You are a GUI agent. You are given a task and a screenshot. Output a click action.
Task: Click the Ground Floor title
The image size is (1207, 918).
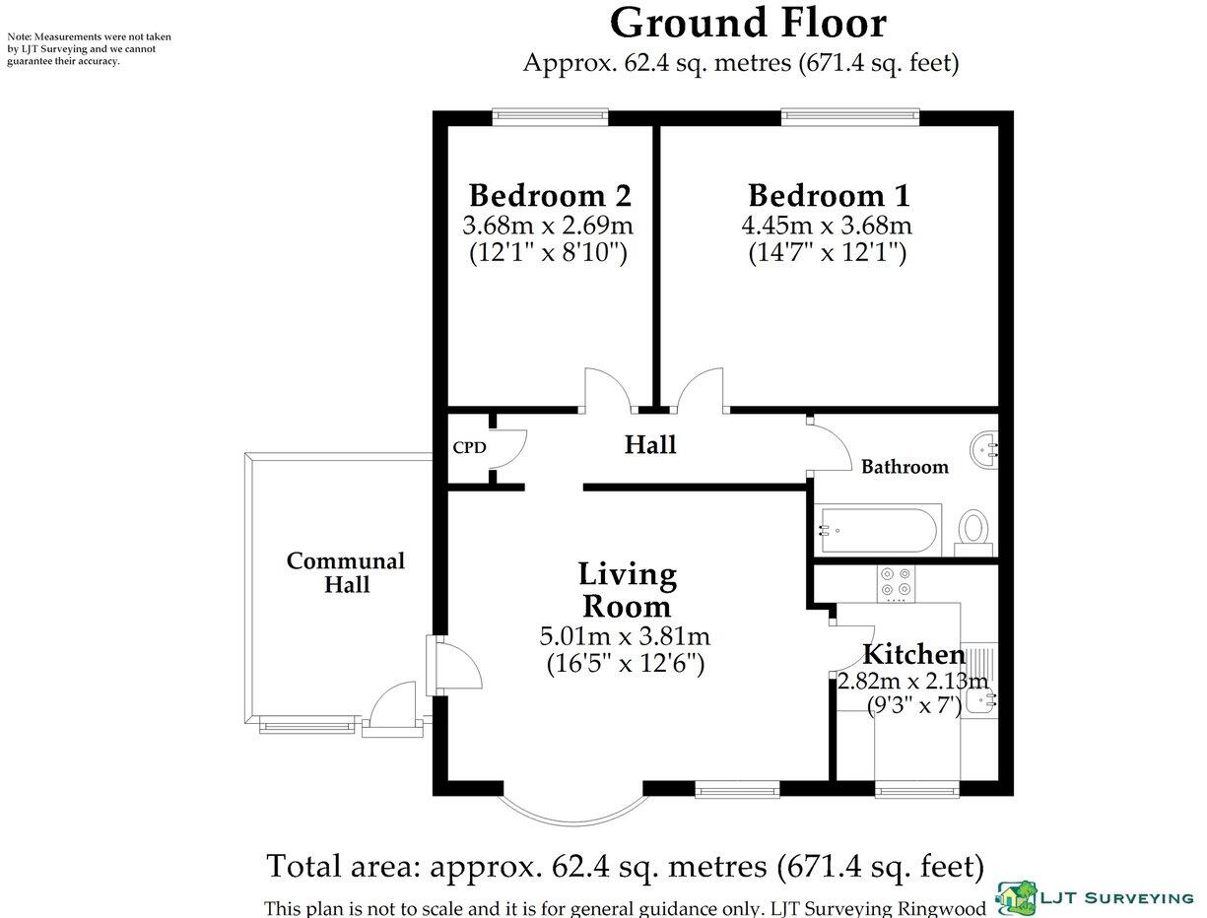tap(748, 22)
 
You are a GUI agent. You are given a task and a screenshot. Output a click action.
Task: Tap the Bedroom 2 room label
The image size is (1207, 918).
tap(549, 194)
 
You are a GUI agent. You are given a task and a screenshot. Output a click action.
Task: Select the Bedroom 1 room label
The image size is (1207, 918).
tap(828, 194)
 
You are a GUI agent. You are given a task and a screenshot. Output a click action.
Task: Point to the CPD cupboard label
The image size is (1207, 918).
tap(469, 447)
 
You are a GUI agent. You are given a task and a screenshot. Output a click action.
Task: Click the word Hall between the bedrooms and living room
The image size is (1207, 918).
tap(650, 445)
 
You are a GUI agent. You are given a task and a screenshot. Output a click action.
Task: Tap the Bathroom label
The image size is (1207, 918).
tap(905, 467)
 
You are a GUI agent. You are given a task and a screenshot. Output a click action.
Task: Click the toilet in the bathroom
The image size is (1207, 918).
tap(973, 529)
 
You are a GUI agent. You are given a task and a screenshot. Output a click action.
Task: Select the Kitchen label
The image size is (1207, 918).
tap(913, 654)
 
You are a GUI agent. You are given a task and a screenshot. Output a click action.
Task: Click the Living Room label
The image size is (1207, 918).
tap(627, 589)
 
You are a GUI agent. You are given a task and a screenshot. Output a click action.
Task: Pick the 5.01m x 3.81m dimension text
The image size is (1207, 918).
tap(625, 636)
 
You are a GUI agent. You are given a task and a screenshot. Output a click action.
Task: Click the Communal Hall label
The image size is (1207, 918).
tap(346, 572)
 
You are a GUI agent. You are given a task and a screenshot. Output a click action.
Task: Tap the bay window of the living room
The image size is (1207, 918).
tap(572, 808)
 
